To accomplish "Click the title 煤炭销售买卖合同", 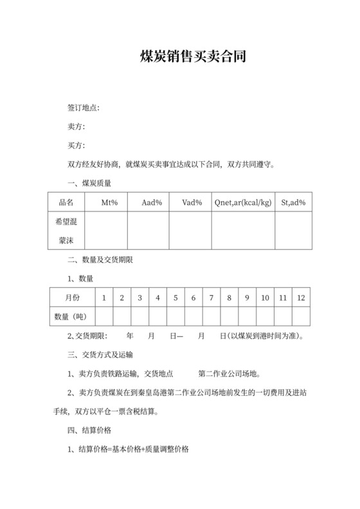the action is click(193, 57).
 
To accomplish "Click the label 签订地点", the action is click(83, 107).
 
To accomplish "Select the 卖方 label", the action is click(76, 126).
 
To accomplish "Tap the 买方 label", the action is click(76, 145).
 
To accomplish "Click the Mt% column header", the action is click(109, 203).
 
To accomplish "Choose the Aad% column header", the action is click(152, 203).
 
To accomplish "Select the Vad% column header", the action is click(192, 203).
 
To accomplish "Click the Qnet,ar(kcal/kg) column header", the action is click(244, 203).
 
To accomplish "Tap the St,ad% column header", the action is click(294, 203).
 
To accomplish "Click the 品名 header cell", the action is click(66, 203).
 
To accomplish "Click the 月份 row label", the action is click(72, 298).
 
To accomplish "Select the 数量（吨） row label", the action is click(72, 317).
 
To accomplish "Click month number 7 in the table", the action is click(211, 298).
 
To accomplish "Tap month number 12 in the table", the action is click(301, 298).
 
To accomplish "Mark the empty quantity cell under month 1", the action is click(104, 317).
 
